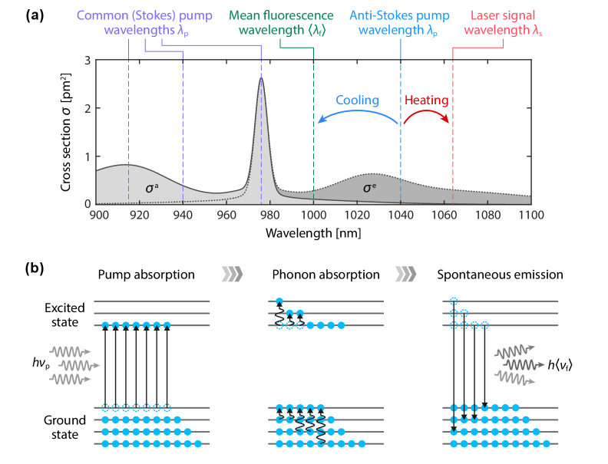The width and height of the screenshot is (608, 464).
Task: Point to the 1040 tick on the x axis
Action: [401, 215]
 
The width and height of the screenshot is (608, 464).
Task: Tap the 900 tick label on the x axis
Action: [97, 215]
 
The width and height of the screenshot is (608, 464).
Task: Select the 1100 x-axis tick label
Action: [530, 215]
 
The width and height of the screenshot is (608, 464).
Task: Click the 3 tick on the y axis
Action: [89, 61]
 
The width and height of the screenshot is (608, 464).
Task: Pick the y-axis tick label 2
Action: [89, 108]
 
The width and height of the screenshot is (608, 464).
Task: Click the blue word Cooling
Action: [357, 100]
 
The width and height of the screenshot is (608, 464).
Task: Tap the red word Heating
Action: [426, 100]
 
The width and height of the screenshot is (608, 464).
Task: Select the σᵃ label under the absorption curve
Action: [152, 187]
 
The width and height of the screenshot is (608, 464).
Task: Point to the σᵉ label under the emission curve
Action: [368, 187]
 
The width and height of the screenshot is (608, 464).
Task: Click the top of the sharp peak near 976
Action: [261, 75]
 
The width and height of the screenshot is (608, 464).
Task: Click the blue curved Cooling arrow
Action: [355, 114]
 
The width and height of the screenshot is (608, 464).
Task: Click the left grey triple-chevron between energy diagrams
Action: [231, 274]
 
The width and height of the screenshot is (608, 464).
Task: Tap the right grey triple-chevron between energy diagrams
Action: [406, 274]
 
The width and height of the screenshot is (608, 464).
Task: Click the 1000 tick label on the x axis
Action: [313, 215]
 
